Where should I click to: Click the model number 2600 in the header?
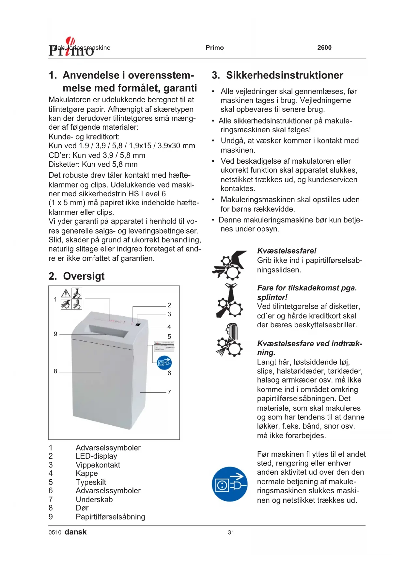click(324, 48)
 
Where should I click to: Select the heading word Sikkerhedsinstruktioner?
click(285, 75)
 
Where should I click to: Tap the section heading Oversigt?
click(84, 276)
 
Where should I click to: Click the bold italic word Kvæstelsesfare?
click(287, 251)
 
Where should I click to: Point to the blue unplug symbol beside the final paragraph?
click(229, 484)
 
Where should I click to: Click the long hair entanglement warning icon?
click(229, 340)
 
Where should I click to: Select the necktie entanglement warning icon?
click(229, 301)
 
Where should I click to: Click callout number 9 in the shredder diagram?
click(55, 334)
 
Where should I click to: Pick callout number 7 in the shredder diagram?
click(169, 392)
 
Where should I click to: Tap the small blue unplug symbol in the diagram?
click(164, 363)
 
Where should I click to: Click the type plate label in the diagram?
click(164, 346)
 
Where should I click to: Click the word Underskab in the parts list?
click(94, 499)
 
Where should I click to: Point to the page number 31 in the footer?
click(231, 532)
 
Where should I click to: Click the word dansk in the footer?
click(76, 532)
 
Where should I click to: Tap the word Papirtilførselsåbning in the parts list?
click(110, 517)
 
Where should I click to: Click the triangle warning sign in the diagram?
click(66, 293)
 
